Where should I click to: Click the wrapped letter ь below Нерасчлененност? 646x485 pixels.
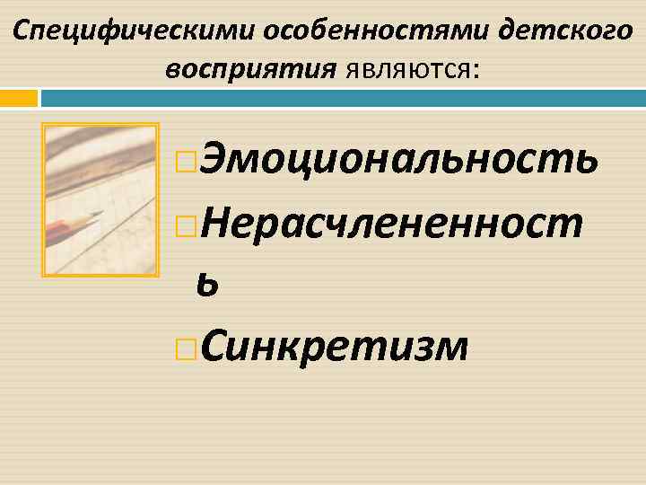point(208,285)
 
